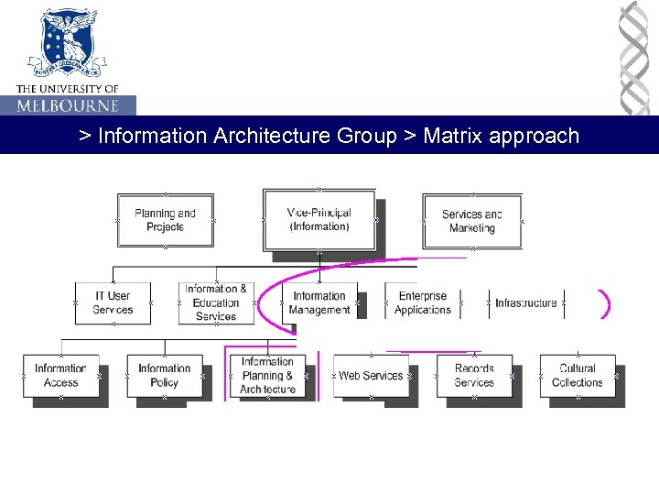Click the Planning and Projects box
click(x=165, y=220)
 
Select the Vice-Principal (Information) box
click(x=319, y=219)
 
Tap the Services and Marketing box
click(x=471, y=221)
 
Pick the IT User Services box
click(x=112, y=302)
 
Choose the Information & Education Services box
click(x=216, y=302)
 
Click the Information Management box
click(x=319, y=302)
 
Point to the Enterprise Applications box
click(x=422, y=302)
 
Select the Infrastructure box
click(x=525, y=302)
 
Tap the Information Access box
click(x=60, y=376)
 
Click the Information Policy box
click(x=164, y=376)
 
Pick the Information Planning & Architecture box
click(x=267, y=376)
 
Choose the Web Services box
click(x=371, y=376)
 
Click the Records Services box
click(x=474, y=376)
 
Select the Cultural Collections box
click(x=578, y=376)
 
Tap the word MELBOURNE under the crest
click(x=68, y=105)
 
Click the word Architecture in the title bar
click(x=272, y=137)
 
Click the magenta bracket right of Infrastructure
click(x=605, y=304)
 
